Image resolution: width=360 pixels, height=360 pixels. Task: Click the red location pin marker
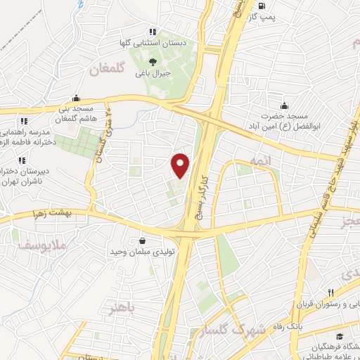(181, 165)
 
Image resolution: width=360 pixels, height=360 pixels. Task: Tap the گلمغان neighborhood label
(112, 70)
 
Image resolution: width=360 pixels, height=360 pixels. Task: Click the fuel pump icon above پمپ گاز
(262, 6)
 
